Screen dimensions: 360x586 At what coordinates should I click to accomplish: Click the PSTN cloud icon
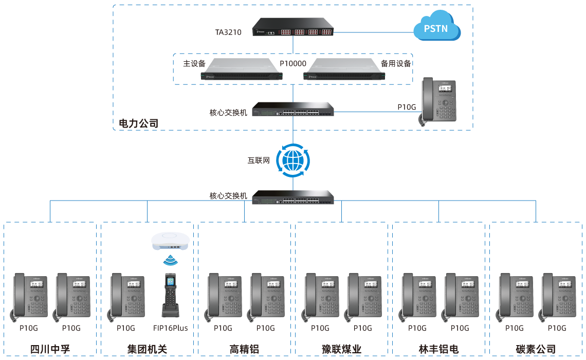(x=437, y=29)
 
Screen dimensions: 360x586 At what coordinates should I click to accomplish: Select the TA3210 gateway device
(x=293, y=28)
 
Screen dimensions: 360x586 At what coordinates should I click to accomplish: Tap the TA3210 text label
(x=228, y=32)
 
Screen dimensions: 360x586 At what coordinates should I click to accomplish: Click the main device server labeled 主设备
(x=242, y=70)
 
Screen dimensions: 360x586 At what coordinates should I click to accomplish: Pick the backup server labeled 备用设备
(x=344, y=70)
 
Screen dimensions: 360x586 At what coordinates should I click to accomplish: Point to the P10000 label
(x=293, y=64)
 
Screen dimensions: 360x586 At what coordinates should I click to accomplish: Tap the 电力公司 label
(x=138, y=123)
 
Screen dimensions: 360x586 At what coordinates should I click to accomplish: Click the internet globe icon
(x=293, y=160)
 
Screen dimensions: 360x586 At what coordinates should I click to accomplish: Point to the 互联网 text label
(x=258, y=160)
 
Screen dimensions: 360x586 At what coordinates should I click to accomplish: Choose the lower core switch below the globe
(x=293, y=197)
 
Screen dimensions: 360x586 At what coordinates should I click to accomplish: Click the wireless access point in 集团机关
(x=170, y=241)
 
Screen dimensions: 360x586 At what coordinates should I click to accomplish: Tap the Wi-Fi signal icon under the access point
(x=170, y=260)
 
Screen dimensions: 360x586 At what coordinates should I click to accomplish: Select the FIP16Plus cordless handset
(x=170, y=295)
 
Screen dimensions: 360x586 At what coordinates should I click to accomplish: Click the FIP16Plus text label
(x=170, y=328)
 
